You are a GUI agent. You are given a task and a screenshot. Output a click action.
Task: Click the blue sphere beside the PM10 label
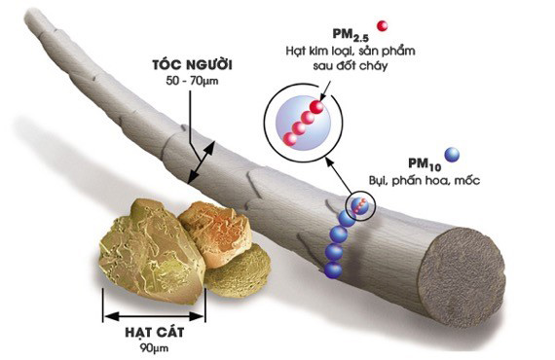tap(451, 154)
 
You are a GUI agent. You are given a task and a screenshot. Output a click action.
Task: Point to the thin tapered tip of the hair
tap(39, 24)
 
